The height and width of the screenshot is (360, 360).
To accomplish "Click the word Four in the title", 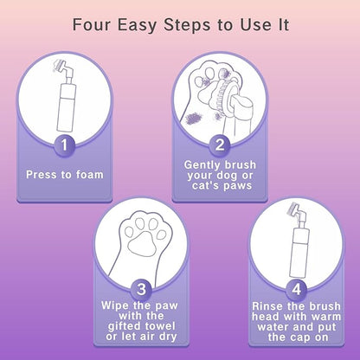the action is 91,24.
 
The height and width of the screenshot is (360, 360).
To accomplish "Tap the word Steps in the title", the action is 187,24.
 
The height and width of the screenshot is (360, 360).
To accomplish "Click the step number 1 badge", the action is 64,145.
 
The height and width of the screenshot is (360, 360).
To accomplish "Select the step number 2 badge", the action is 220,145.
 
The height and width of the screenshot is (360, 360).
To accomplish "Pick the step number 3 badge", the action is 141,288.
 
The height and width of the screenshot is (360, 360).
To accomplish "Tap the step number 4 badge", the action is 296,288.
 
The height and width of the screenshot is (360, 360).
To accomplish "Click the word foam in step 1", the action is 89,175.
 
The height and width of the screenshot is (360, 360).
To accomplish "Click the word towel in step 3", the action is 160,326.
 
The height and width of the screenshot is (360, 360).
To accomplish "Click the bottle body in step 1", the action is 67,107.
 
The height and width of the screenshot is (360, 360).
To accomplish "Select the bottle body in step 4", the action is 300,253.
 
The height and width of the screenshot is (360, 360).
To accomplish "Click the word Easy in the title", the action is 137,25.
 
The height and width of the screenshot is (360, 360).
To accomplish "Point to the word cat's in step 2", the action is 205,185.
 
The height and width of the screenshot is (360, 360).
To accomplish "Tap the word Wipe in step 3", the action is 116,305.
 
